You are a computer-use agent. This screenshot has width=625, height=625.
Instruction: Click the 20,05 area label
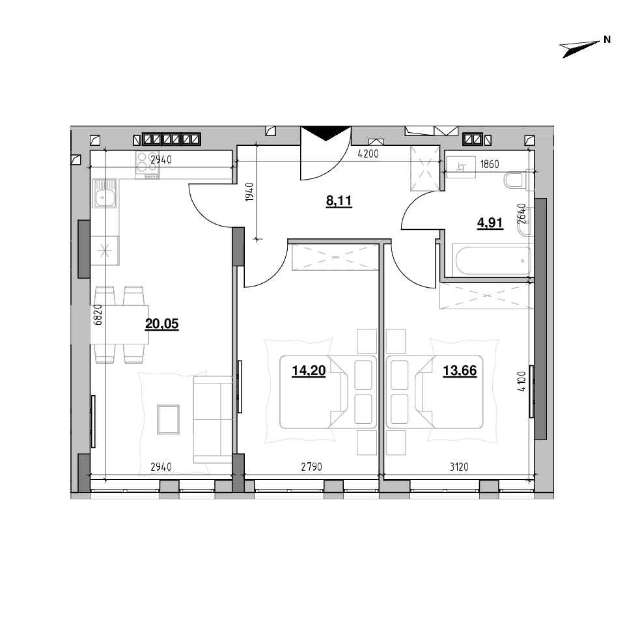(161, 324)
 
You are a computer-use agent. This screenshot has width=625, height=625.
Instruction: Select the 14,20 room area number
(309, 370)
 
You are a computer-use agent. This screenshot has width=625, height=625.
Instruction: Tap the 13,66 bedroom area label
(460, 370)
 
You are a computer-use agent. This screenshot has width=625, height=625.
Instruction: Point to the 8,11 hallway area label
(339, 201)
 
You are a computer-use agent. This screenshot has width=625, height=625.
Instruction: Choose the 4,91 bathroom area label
(490, 223)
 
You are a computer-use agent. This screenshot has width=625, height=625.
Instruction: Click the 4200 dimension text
(368, 154)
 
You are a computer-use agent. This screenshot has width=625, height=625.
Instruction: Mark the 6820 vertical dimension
(98, 315)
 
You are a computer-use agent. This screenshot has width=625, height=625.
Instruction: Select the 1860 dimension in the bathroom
(490, 164)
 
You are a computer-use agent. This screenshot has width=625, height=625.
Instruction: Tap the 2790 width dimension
(311, 466)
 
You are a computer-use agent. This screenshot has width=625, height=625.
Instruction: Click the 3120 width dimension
(459, 466)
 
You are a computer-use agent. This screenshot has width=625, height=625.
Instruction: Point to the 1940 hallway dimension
(249, 191)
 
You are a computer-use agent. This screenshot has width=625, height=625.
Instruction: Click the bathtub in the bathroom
(493, 260)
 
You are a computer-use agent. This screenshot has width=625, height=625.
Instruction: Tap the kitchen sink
(105, 193)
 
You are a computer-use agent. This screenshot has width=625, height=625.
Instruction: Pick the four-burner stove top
(147, 165)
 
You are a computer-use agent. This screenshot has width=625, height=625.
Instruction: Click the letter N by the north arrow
(607, 40)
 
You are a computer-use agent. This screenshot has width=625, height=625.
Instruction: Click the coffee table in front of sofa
(168, 419)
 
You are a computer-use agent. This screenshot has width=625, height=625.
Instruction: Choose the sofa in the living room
(212, 419)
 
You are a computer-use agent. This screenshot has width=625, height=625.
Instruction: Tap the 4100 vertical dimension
(522, 382)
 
